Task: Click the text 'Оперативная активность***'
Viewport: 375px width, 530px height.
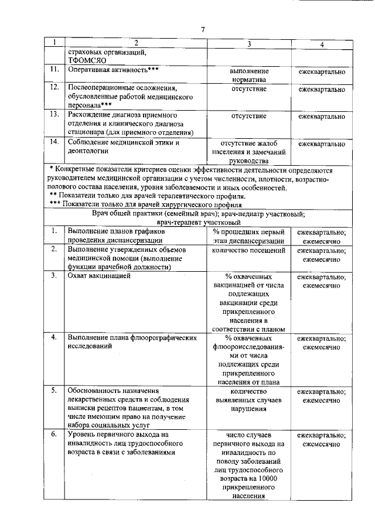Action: (x=114, y=70)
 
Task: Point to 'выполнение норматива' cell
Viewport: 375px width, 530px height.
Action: (x=249, y=75)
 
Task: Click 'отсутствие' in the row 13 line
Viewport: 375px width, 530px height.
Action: (x=249, y=116)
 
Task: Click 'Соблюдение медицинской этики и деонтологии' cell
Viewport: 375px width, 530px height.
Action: (x=123, y=147)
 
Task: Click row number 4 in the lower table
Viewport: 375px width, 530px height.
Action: (x=53, y=338)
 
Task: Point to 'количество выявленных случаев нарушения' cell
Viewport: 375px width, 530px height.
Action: (x=249, y=400)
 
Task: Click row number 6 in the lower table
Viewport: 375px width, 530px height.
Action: (x=53, y=435)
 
